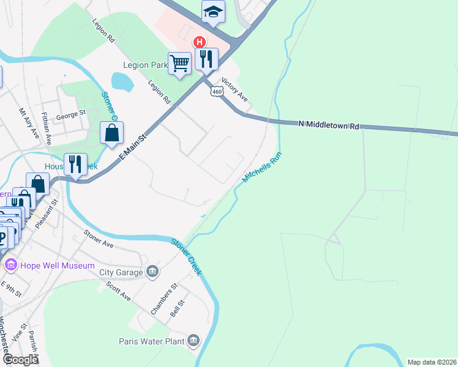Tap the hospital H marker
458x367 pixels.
click(199, 42)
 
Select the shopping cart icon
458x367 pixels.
click(180, 63)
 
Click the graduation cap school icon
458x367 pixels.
click(213, 12)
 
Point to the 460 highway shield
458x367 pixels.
click(216, 91)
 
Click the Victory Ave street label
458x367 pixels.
click(235, 89)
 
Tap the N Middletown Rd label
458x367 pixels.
click(329, 125)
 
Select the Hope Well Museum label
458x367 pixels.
click(58, 266)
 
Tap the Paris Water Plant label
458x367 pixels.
click(152, 340)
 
